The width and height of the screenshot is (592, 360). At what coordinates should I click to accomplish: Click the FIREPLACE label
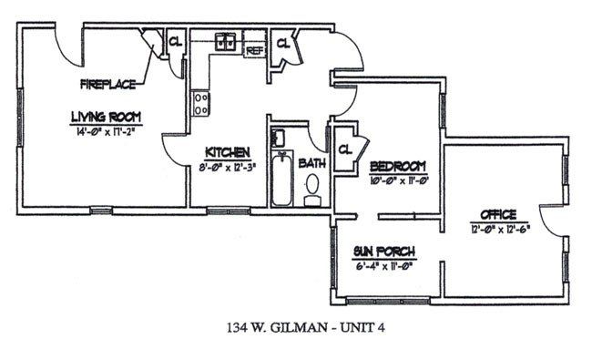click(107, 85)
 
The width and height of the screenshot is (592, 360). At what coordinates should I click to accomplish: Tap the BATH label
click(311, 164)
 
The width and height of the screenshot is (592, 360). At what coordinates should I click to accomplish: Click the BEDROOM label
click(398, 165)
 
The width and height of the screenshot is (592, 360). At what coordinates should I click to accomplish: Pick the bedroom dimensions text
click(398, 179)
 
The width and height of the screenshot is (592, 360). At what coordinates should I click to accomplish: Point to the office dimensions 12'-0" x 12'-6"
click(499, 228)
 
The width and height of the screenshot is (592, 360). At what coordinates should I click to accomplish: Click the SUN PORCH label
click(385, 252)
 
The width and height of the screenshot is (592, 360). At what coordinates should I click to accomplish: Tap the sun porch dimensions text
click(385, 265)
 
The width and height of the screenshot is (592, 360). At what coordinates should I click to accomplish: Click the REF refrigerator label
click(254, 51)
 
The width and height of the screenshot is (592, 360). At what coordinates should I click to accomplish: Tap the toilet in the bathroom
click(312, 189)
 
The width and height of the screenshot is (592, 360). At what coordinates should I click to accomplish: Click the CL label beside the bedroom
click(345, 149)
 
